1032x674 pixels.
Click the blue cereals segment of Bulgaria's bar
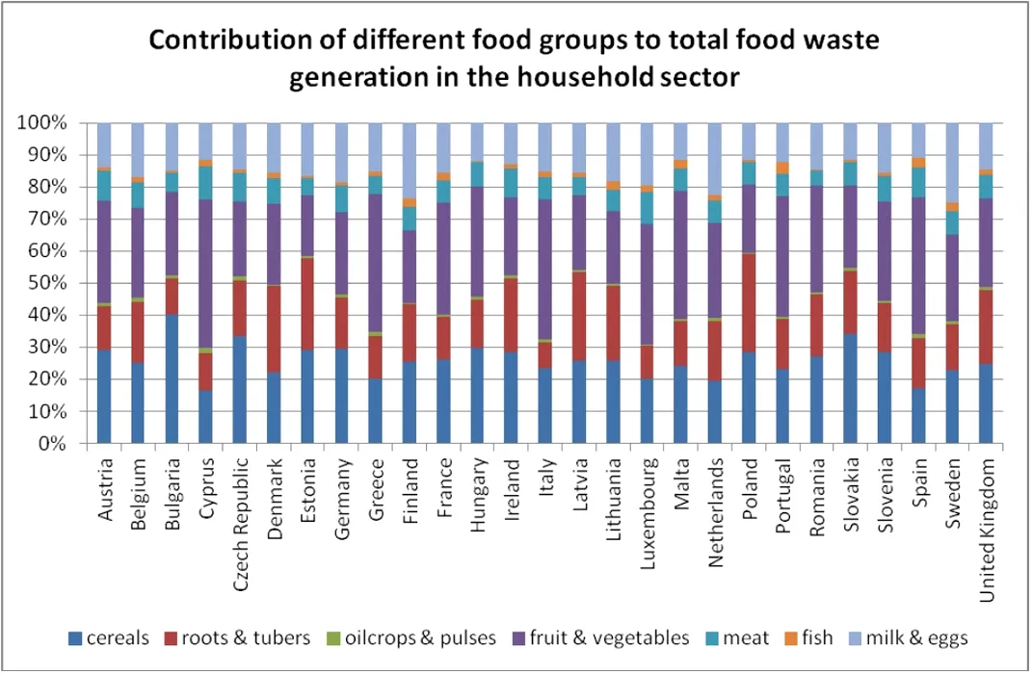point(172,379)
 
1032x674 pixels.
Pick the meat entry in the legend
point(746,637)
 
